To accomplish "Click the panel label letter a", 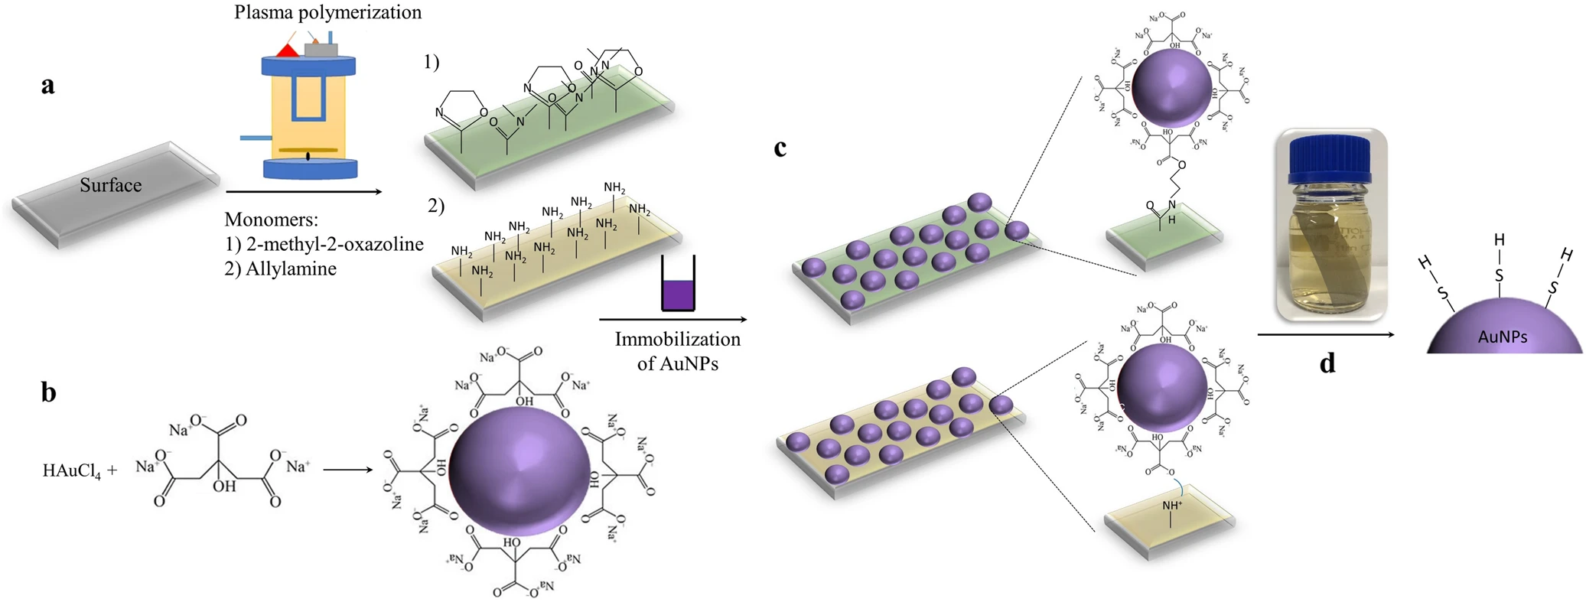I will pos(47,86).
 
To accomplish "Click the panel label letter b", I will pos(48,392).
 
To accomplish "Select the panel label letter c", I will pos(780,148).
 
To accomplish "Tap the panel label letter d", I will pos(1327,363).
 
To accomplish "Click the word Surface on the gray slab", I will pos(111,185).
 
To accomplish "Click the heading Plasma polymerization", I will pos(327,12).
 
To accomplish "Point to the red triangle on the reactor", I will pos(288,50).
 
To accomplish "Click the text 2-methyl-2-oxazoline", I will pos(334,244).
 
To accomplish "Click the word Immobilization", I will pos(677,339).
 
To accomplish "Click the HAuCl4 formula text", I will pos(72,470).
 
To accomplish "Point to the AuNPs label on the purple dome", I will pos(1503,337).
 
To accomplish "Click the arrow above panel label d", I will pos(1325,334).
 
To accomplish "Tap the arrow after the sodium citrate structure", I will pos(347,469).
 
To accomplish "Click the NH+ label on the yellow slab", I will pos(1171,506).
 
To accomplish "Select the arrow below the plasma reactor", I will pos(304,192).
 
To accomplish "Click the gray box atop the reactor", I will pos(321,50).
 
